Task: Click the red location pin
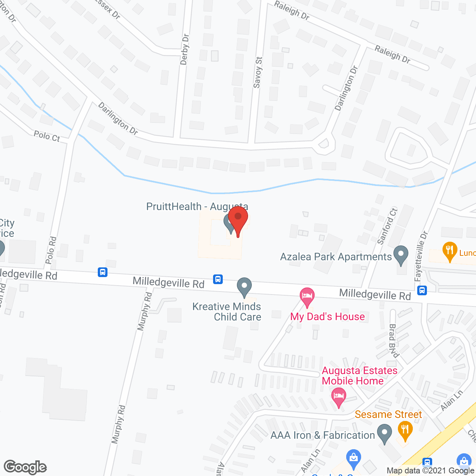click(x=238, y=219)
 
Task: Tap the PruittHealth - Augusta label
click(x=197, y=206)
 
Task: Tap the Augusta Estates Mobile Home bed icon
click(x=338, y=396)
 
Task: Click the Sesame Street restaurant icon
click(x=405, y=430)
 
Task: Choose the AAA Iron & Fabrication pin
click(x=384, y=434)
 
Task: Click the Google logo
click(x=25, y=467)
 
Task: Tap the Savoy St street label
click(x=257, y=73)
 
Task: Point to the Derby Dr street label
click(x=184, y=49)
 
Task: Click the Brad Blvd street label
click(x=393, y=340)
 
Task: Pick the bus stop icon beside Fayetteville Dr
click(x=422, y=290)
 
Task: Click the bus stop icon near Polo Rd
click(x=103, y=272)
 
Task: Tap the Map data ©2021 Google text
click(x=430, y=470)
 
